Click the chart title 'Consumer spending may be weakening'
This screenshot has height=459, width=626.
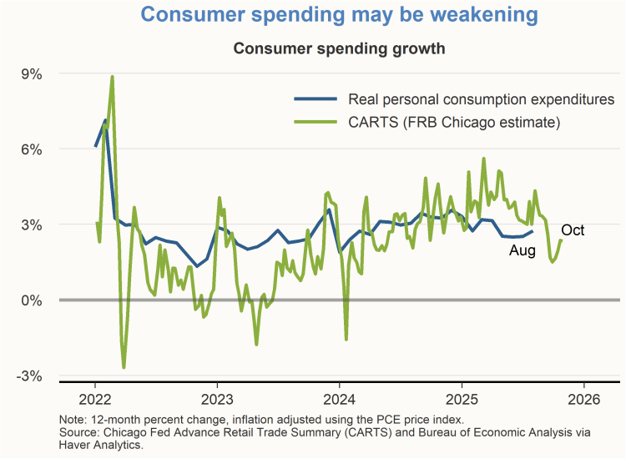pos(339,15)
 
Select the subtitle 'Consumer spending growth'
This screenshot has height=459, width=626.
pos(339,48)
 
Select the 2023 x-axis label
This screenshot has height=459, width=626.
pos(217,398)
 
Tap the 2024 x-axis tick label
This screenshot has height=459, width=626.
pos(340,398)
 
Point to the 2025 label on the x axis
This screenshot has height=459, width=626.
pos(462,398)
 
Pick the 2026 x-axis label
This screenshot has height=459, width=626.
pos(583,398)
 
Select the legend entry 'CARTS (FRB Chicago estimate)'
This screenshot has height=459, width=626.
pos(442,123)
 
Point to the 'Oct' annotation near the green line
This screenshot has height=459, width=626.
pos(573,230)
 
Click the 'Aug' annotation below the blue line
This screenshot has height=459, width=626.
pos(523,250)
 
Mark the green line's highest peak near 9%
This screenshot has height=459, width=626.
pos(112,77)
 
